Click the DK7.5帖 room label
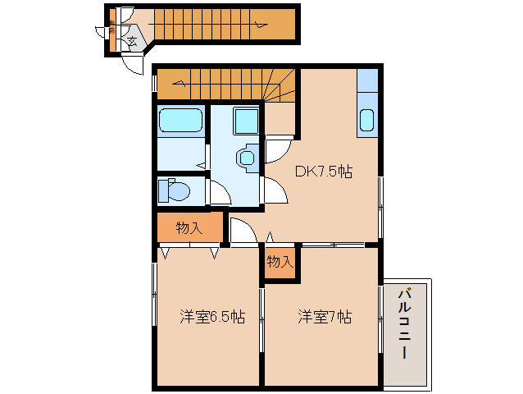pos(324,172)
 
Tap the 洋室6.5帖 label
pos(212,316)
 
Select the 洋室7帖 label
pos(325,316)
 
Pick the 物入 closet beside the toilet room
pos(189,228)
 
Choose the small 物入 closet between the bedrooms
pos(280,263)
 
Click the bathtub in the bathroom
pos(180,121)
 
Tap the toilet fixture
pos(174,191)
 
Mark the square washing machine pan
pos(246,121)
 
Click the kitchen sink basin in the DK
pos(367,121)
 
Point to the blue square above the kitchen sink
pos(367,81)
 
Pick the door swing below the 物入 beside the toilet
pos(242,232)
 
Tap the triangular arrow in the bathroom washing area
pos(199,163)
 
